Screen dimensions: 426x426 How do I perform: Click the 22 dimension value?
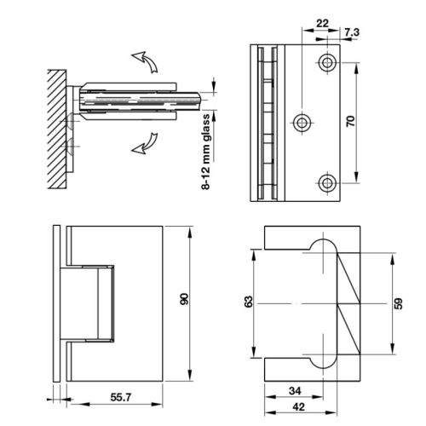tap(322, 23)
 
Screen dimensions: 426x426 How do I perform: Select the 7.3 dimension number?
tap(352, 32)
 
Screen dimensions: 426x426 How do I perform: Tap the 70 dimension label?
tap(351, 121)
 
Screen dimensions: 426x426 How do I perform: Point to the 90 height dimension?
tap(184, 299)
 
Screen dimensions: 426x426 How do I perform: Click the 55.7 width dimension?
tap(121, 397)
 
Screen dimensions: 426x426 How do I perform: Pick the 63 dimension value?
tap(248, 302)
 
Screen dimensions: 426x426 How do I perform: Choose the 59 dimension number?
tap(399, 303)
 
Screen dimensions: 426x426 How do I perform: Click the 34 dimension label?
tap(295, 391)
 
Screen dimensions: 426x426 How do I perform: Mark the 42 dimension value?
tap(298, 407)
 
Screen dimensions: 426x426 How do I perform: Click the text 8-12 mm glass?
tap(205, 152)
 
